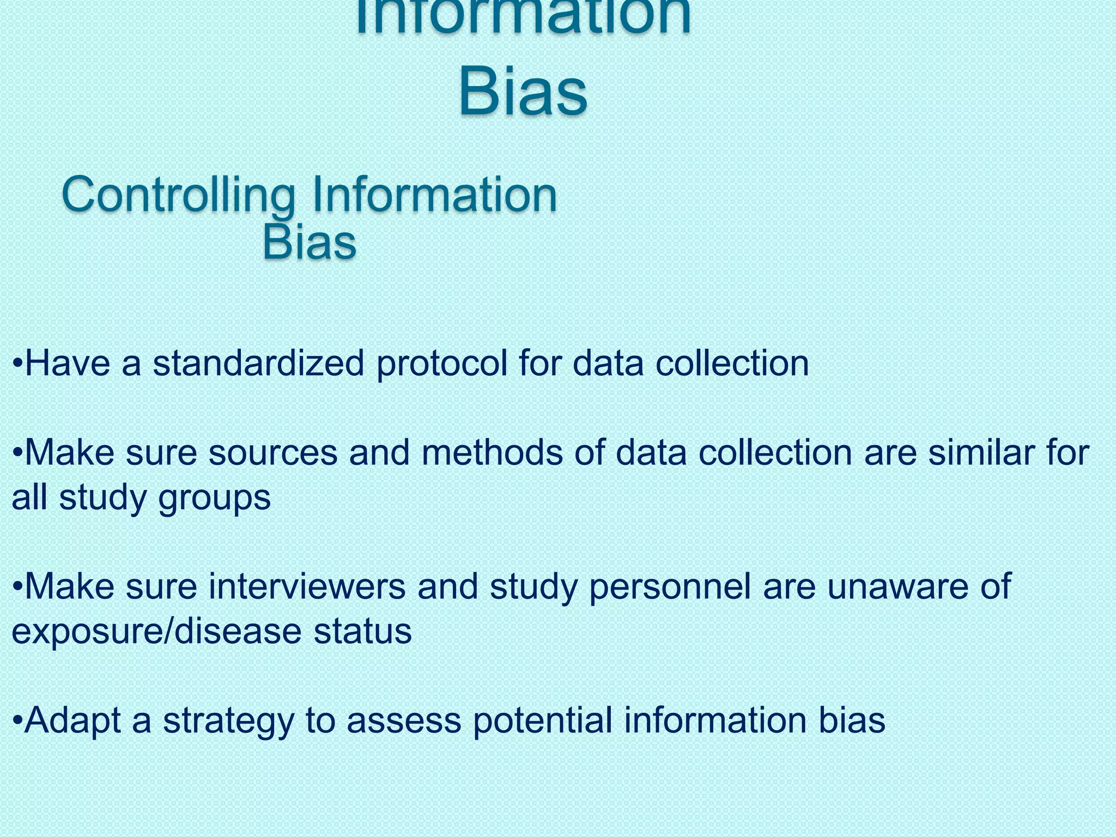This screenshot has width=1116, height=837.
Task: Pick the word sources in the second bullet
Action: click(x=273, y=453)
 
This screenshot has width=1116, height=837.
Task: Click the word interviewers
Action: click(x=307, y=587)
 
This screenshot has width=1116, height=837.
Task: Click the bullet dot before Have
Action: click(x=18, y=363)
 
